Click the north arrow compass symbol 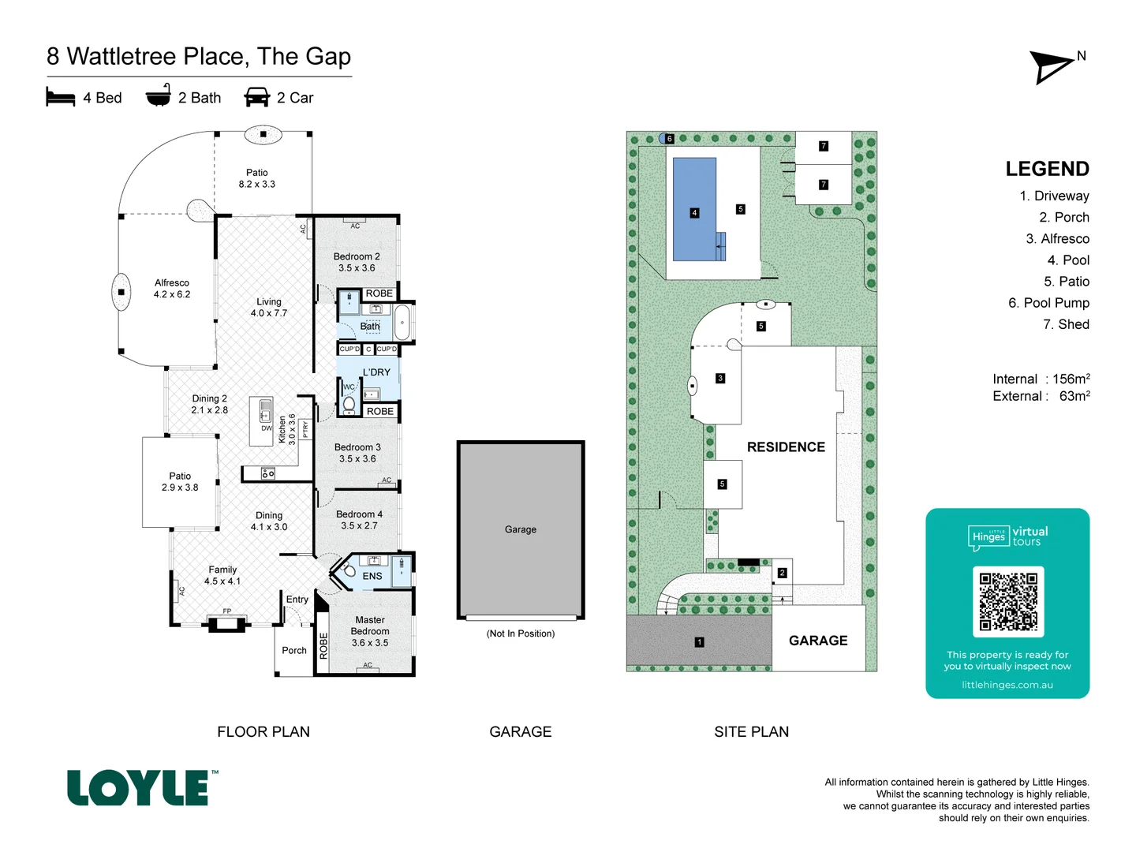(x=1052, y=67)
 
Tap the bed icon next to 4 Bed (x=61, y=97)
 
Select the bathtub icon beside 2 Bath (x=159, y=95)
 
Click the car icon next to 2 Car (x=257, y=97)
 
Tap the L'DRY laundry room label (x=376, y=372)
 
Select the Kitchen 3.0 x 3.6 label (x=287, y=430)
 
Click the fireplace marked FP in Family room (x=226, y=622)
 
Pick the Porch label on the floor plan (x=294, y=651)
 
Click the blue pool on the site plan (x=694, y=209)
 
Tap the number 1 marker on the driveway (x=699, y=642)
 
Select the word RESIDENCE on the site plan (x=786, y=447)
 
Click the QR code (x=1008, y=601)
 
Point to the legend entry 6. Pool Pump (x=1048, y=303)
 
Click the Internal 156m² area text (x=1041, y=379)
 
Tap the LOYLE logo (x=139, y=788)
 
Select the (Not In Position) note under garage (x=521, y=633)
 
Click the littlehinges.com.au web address (x=1007, y=685)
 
